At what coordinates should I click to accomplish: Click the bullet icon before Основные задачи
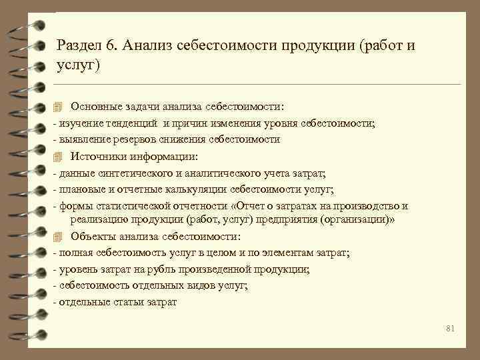point(57,107)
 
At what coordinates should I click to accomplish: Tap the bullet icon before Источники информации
point(57,157)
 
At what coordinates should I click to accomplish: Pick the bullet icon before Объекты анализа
point(57,237)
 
